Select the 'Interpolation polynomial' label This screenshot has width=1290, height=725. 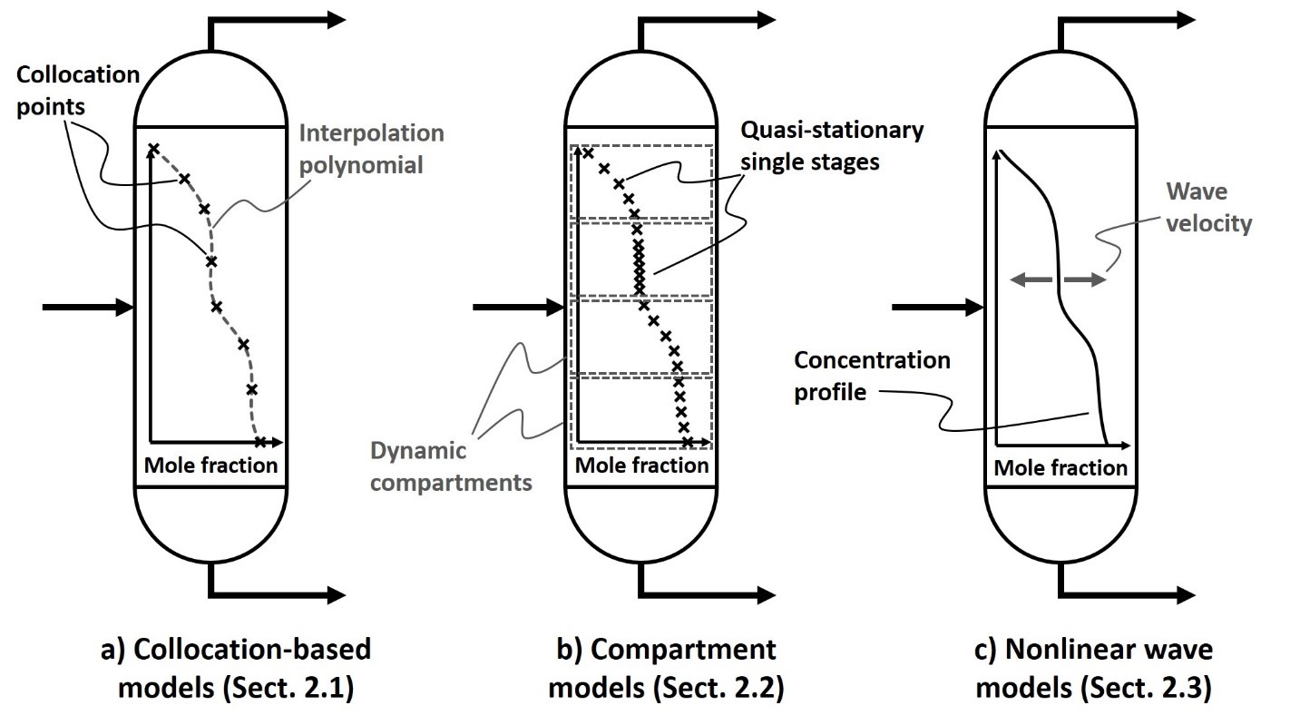(373, 147)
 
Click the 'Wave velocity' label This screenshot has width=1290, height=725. (1207, 207)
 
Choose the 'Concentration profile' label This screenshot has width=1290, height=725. (872, 375)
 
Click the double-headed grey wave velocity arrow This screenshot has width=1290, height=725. (1059, 282)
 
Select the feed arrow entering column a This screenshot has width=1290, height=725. (87, 309)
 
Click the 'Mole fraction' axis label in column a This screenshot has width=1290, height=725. (210, 466)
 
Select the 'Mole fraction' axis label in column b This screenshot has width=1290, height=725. (642, 466)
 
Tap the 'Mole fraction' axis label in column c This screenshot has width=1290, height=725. (1060, 468)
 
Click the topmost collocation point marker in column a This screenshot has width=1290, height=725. (153, 149)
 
